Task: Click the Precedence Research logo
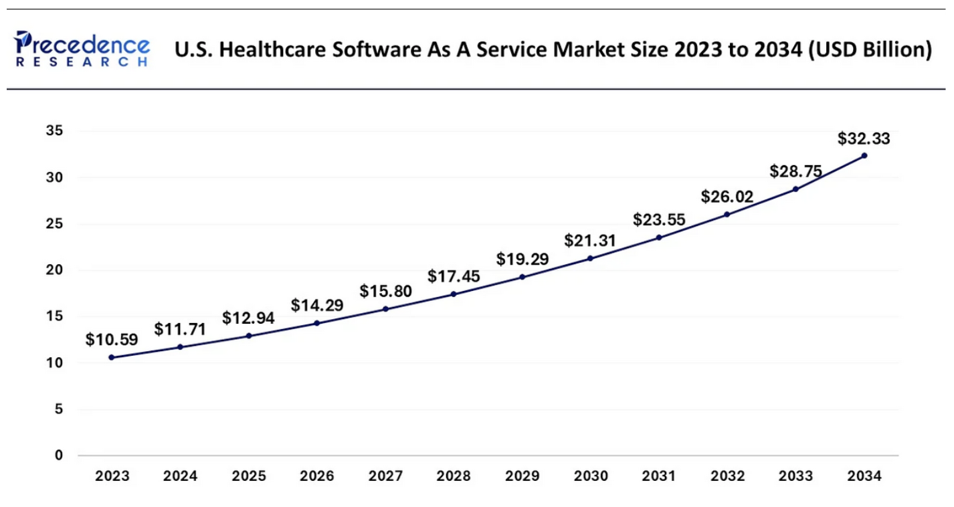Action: tap(81, 48)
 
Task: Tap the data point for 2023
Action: tap(111, 357)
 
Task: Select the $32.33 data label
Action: tap(864, 139)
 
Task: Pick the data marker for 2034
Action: tap(864, 156)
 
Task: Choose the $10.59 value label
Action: tap(111, 340)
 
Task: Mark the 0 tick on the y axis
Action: tap(59, 455)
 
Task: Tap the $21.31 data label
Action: tap(590, 241)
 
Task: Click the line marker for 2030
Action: tap(590, 258)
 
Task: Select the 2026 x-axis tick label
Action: tap(316, 477)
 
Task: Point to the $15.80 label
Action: tap(385, 292)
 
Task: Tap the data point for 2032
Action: tap(727, 214)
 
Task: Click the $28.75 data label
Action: tap(795, 172)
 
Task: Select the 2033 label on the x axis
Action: tap(795, 477)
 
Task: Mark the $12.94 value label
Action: tap(248, 318)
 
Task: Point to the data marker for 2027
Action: tap(385, 309)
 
